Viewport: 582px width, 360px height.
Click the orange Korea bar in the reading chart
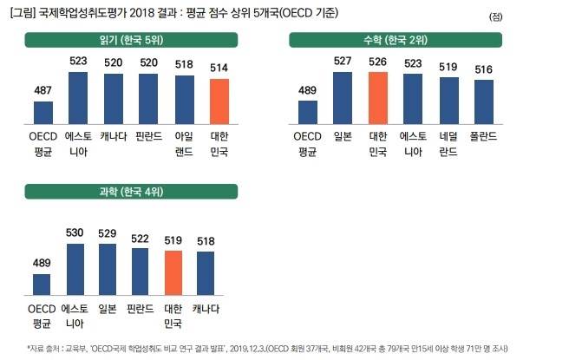219,102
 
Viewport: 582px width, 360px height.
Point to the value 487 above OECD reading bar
43,90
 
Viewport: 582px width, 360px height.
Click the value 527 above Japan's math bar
343,61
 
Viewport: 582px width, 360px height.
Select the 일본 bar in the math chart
343,98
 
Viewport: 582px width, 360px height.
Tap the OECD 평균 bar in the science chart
43,285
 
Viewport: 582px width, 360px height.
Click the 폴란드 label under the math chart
483,136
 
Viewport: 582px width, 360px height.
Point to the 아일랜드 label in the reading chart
184,142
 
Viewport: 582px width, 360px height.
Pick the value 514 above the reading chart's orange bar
219,68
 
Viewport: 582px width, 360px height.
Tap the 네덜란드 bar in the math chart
448,101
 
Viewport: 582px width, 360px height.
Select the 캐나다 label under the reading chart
113,136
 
